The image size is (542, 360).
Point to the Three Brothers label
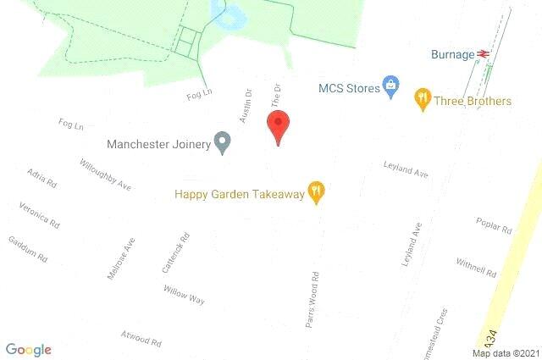point(473,101)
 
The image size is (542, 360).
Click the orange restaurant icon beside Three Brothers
point(422,100)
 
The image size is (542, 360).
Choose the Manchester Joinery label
point(158,144)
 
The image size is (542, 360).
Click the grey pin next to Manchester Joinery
point(222,142)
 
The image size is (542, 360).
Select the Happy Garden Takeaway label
point(239,194)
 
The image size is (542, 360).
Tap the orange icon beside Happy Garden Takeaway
point(316,192)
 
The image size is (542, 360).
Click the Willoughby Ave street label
point(105,174)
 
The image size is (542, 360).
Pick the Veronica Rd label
point(40,215)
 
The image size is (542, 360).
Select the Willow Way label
point(185,294)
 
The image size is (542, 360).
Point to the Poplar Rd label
point(495,224)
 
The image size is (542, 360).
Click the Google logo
point(28,349)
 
